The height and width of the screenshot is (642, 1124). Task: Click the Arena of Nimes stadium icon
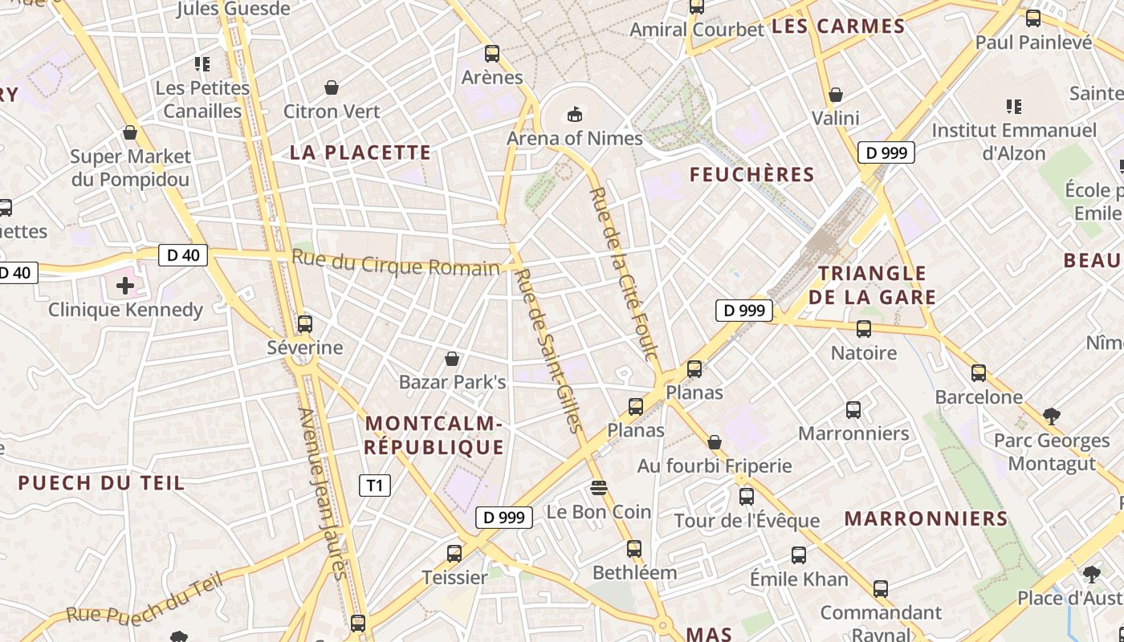click(575, 114)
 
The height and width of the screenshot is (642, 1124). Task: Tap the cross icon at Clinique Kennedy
click(125, 285)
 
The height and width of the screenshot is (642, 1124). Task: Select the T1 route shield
click(374, 485)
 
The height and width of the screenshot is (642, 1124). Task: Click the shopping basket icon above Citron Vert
click(331, 87)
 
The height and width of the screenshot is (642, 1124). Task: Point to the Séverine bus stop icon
click(304, 324)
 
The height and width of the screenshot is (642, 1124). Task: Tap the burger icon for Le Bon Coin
click(598, 487)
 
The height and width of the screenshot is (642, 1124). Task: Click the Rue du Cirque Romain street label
click(395, 264)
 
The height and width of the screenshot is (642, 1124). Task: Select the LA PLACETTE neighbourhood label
click(360, 152)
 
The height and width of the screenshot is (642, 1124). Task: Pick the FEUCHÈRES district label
click(751, 174)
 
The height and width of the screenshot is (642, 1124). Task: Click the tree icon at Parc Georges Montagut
click(1051, 416)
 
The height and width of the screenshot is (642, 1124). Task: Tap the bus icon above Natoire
click(864, 328)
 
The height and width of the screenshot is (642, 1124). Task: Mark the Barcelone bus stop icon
click(978, 372)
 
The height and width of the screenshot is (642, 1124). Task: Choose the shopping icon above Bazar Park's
click(452, 358)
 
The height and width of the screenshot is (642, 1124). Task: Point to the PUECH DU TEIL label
click(101, 482)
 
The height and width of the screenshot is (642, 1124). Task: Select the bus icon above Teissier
click(454, 553)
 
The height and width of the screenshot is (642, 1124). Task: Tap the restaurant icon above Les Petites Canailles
click(202, 63)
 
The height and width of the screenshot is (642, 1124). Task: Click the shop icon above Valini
click(836, 95)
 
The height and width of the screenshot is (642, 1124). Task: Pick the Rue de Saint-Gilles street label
click(549, 350)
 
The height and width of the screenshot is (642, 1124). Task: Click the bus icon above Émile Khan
click(798, 555)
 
